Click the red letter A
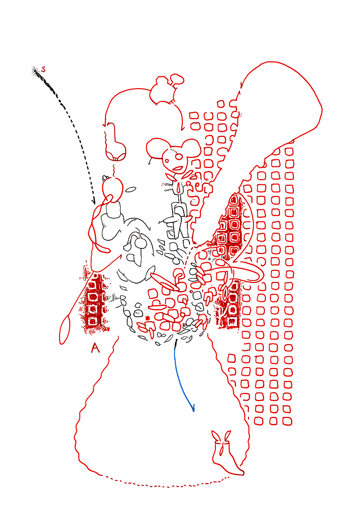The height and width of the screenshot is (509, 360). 95,348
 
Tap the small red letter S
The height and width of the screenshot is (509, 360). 43,69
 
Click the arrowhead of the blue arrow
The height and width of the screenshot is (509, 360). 193,408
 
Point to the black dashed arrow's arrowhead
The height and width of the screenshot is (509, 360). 94,201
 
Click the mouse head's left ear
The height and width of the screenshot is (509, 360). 156,148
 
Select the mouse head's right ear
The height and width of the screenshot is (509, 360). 190,148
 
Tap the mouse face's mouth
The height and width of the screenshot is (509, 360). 178,168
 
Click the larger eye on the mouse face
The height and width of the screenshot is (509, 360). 179,157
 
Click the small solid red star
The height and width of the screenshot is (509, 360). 148,318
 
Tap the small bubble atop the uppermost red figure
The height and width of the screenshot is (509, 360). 177,79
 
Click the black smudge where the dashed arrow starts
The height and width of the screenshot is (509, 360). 35,70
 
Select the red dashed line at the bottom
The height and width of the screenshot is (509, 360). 165,484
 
